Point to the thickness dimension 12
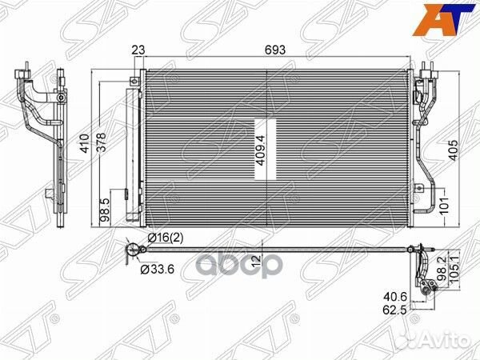point(254,258)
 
